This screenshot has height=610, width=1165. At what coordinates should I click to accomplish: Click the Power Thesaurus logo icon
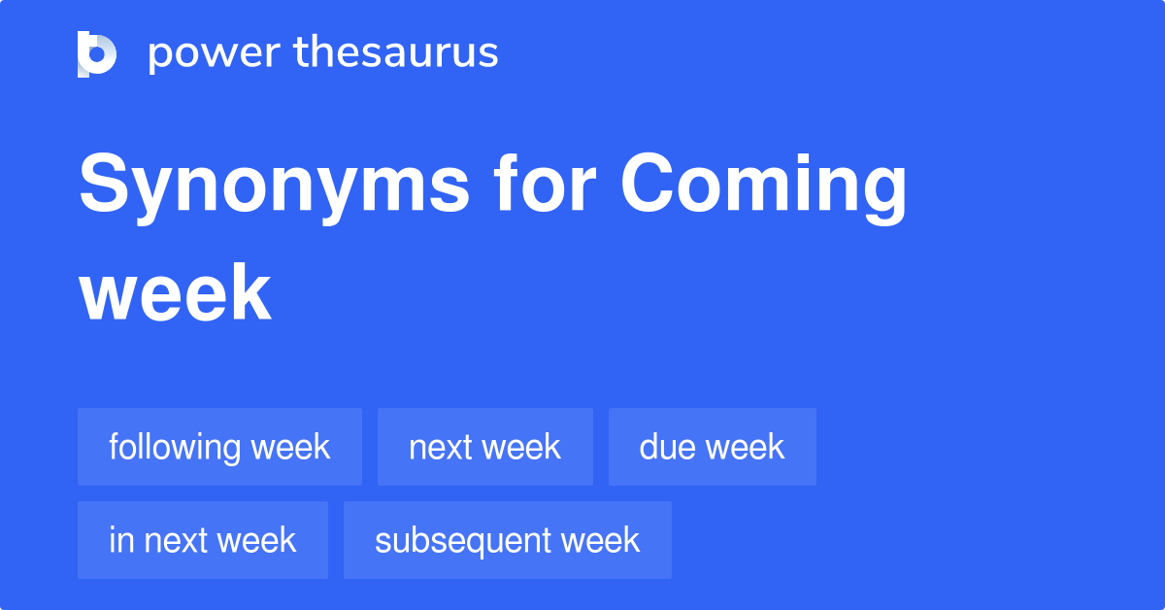tap(97, 53)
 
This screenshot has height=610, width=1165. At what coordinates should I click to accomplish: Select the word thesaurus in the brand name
tap(396, 53)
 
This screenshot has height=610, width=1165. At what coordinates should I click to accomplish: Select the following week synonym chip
tap(219, 447)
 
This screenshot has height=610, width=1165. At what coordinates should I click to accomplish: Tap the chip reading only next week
tap(484, 447)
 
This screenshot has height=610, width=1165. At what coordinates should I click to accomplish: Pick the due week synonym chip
tap(712, 447)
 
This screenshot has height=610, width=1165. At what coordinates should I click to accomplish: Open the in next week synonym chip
tap(202, 540)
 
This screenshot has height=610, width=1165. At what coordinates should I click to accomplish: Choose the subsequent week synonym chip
tap(507, 540)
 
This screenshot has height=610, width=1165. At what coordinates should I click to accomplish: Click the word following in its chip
tap(174, 447)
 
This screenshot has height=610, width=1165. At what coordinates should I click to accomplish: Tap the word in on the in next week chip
tap(119, 540)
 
